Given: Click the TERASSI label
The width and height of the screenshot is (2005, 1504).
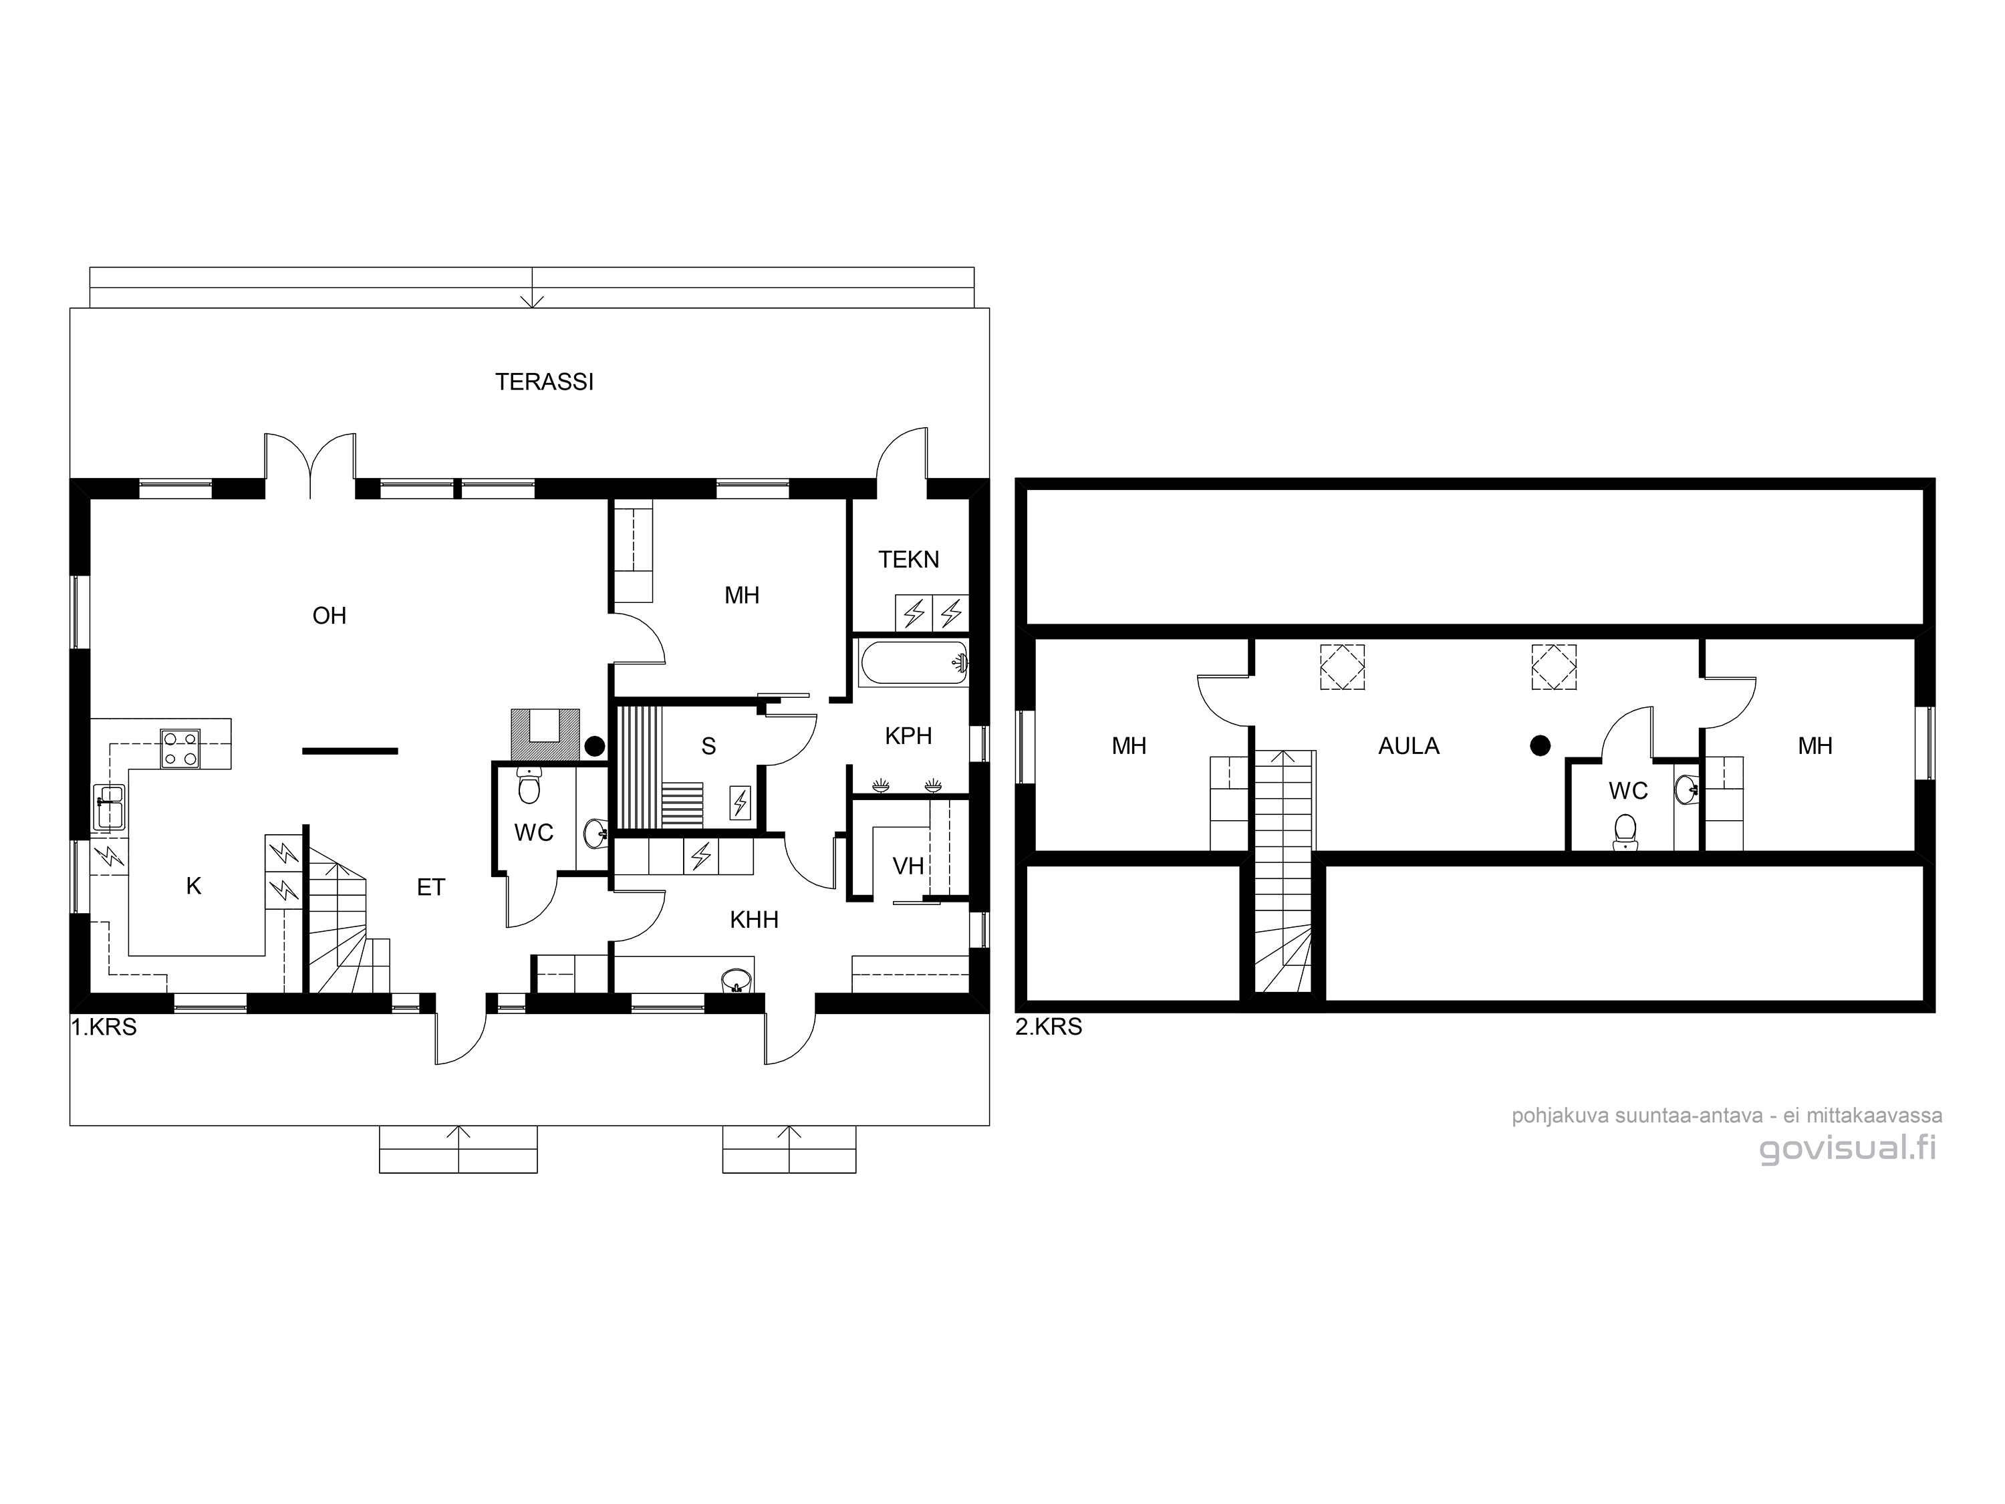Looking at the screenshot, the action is (x=544, y=382).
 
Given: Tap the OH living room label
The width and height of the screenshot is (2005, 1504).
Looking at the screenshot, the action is (x=329, y=616).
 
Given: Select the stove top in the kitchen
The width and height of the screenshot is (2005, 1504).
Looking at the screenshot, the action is (x=180, y=749).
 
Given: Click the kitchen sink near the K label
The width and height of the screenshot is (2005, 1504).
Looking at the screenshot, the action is (x=110, y=806).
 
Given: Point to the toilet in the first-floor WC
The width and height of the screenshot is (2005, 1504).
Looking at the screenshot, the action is (x=529, y=785).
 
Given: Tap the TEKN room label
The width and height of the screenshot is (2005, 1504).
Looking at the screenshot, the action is (x=908, y=560).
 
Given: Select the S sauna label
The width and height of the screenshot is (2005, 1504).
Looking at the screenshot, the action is (x=709, y=746).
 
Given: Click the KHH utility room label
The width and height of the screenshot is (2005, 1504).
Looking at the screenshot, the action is (x=754, y=920).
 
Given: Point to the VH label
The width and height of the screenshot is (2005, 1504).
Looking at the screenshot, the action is (x=908, y=866).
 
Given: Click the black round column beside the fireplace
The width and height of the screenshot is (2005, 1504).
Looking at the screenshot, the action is (x=595, y=746).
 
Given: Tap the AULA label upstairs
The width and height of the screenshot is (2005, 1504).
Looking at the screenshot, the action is (x=1409, y=746).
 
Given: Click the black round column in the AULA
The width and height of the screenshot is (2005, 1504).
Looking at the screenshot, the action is (x=1540, y=745).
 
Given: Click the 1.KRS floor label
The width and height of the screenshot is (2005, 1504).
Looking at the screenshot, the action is (x=104, y=1027).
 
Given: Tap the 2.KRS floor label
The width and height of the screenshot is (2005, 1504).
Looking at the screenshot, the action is (x=1049, y=1027).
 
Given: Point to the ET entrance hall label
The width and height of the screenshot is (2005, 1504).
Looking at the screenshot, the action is (x=432, y=888).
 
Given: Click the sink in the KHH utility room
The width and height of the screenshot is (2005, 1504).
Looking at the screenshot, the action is (x=735, y=981).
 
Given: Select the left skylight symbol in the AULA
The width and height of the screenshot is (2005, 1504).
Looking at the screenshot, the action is (x=1343, y=668).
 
